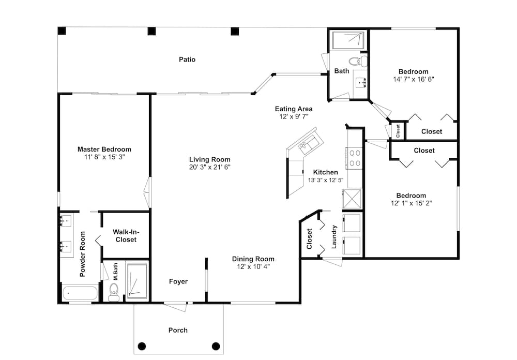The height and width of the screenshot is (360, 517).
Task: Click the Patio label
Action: [187, 59]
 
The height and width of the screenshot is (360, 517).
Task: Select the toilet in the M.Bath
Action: [114, 292]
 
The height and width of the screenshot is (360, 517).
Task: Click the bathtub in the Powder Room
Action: [80, 293]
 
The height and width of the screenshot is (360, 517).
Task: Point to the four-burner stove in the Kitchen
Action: [355, 158]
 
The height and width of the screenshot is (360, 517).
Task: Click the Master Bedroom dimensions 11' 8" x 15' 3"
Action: [104, 157]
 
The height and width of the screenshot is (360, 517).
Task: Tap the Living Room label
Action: [210, 159]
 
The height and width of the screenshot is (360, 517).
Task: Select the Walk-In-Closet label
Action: [126, 235]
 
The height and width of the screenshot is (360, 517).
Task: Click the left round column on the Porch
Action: [142, 346]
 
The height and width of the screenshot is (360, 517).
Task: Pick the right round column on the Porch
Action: [216, 346]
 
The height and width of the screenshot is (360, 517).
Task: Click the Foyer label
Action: [178, 281]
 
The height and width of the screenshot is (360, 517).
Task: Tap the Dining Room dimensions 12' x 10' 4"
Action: [253, 266]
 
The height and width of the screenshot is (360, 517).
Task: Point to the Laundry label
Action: [334, 236]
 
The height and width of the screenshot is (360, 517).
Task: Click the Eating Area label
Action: [294, 109]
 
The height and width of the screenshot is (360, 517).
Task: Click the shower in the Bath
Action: [348, 40]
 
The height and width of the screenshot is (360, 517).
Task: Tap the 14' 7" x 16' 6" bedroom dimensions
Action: [414, 79]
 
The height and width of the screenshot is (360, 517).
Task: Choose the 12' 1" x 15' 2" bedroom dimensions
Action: [411, 203]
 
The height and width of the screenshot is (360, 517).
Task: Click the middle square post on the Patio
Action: [151, 32]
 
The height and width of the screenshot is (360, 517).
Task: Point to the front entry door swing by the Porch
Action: [175, 307]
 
